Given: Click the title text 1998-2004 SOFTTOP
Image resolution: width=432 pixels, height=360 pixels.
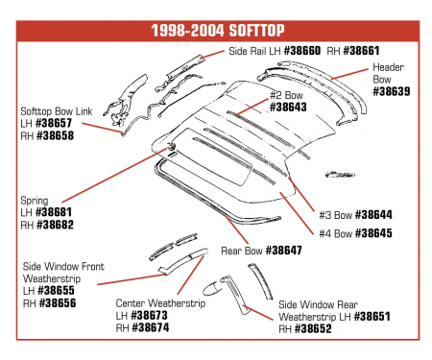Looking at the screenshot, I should point(216,29).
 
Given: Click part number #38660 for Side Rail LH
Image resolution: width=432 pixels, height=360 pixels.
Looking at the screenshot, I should point(303,51).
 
